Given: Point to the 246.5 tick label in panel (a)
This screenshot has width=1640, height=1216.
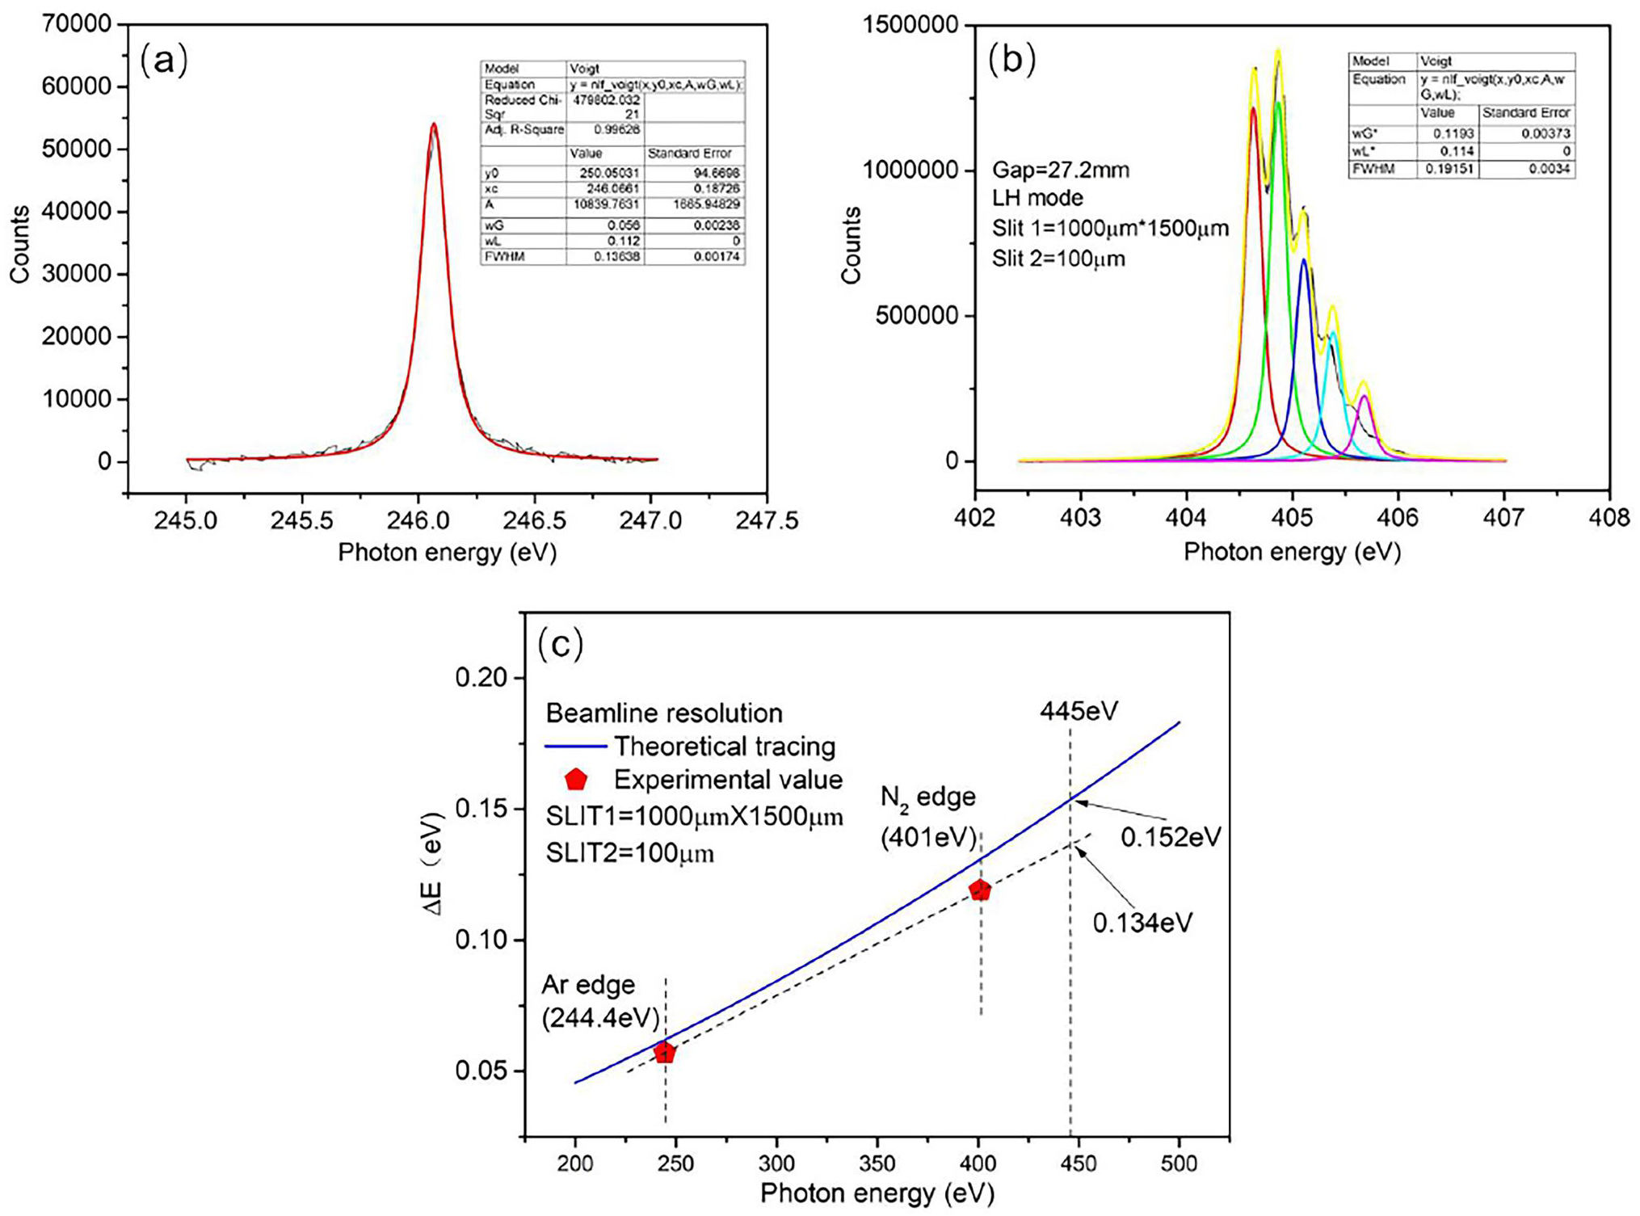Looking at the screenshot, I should pos(532,520).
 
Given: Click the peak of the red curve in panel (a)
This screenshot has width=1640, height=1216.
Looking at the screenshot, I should pos(434,124).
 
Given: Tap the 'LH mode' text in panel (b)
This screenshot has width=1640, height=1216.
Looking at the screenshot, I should pos(1037,199).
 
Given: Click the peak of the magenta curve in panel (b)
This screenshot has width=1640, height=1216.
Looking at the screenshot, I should pos(1365,396).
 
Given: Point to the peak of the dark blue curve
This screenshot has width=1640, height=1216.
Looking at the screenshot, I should pos(1303,260).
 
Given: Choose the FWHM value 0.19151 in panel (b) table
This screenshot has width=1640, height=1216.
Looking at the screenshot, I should pos(1449,169).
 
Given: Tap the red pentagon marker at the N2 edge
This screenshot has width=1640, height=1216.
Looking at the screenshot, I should pos(980,890).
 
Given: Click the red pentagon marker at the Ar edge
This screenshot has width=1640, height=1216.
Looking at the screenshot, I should pos(665,1053).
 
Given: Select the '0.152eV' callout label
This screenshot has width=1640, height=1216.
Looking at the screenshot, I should pos(1170,838).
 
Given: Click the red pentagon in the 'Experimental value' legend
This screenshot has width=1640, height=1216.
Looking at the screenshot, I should pos(576,780).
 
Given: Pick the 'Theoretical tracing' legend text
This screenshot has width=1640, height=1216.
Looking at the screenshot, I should pos(724,747).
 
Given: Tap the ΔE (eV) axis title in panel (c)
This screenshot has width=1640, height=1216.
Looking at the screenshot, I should pos(435,865).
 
